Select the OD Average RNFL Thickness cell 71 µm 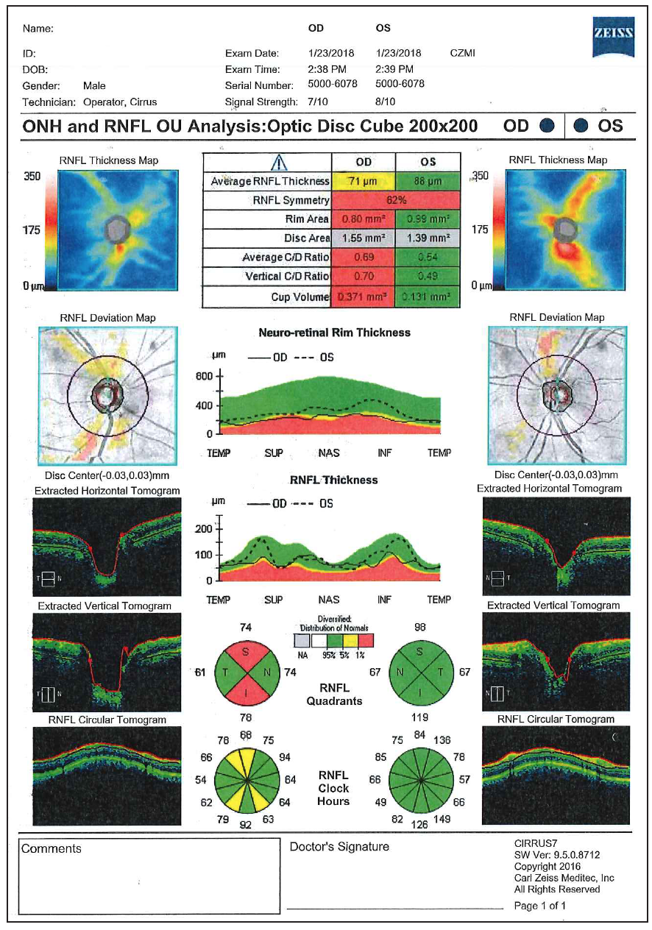click(363, 181)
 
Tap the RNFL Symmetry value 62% click(396, 200)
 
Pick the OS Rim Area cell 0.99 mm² click(428, 219)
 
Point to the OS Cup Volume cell click(428, 297)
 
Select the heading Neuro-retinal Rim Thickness click(334, 333)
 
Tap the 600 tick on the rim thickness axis click(204, 376)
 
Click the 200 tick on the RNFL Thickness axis click(204, 528)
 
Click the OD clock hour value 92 click(246, 825)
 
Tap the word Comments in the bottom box click(52, 848)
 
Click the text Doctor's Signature click(339, 847)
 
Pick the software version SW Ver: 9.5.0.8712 click(557, 856)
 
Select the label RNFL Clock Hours click(333, 788)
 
